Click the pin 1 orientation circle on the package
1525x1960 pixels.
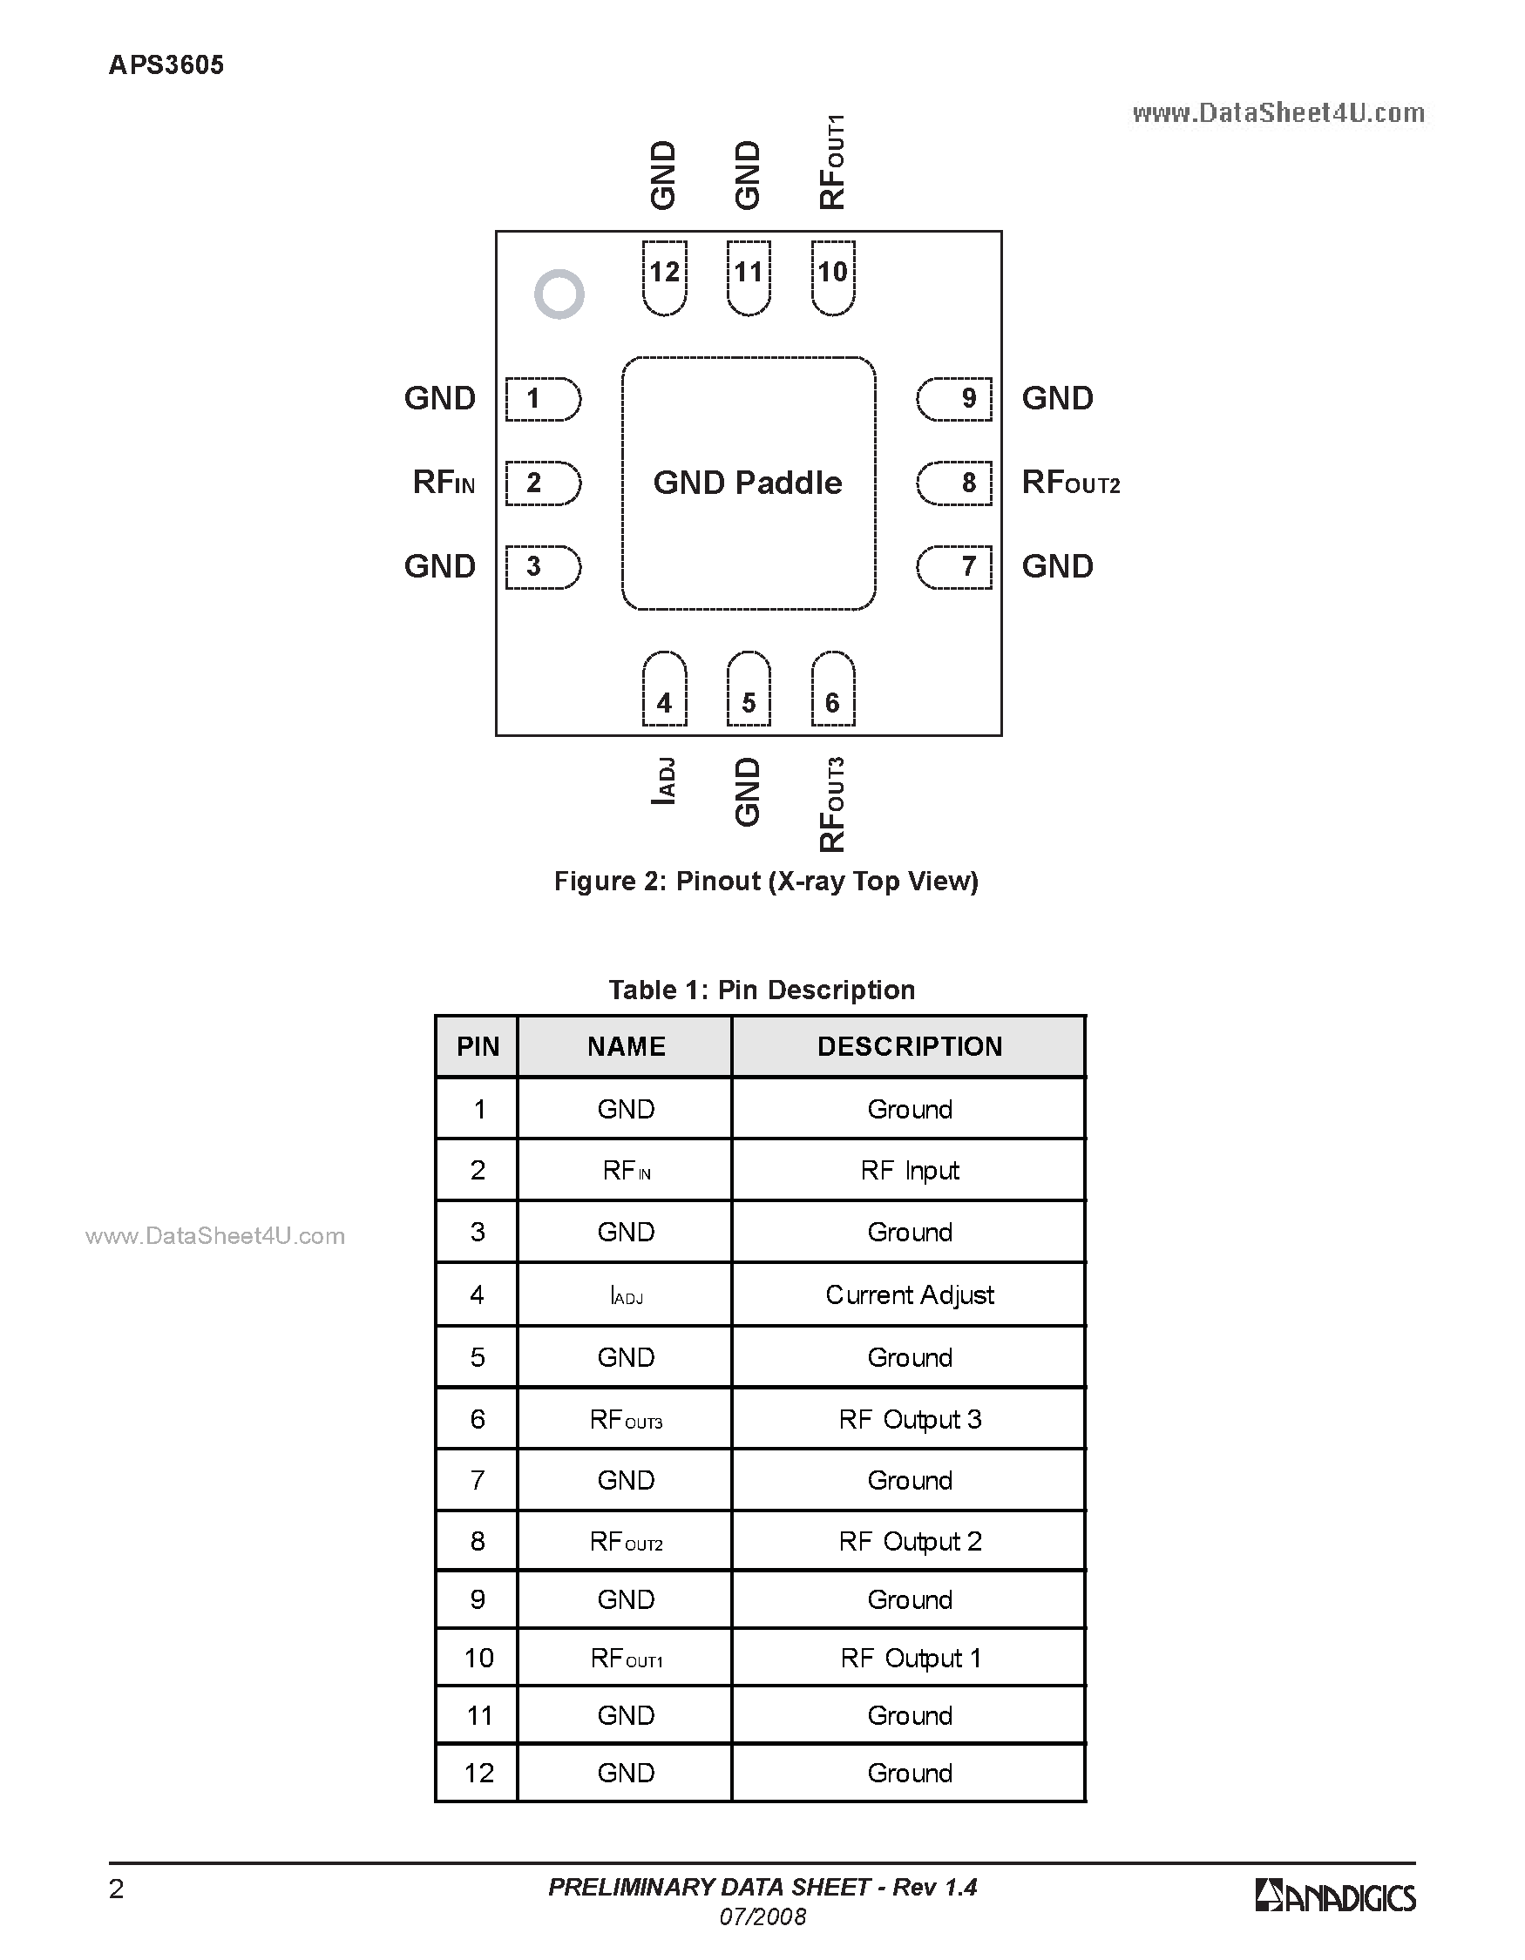[x=559, y=294]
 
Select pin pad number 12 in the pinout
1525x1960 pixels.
[x=665, y=276]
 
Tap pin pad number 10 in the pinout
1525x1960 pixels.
[x=833, y=276]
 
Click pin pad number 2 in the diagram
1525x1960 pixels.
[x=542, y=483]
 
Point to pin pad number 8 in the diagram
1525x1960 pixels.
[x=955, y=483]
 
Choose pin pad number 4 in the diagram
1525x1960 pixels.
[x=665, y=690]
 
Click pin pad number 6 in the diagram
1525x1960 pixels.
[x=833, y=690]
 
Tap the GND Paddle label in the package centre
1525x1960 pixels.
[x=748, y=483]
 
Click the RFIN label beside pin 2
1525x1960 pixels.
[x=444, y=483]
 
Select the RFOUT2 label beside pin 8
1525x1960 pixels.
[x=1071, y=483]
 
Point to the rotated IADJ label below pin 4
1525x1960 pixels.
[x=663, y=781]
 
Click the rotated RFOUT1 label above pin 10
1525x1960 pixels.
[x=832, y=162]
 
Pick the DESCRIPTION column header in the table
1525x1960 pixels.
[x=909, y=1046]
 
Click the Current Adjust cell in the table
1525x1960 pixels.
[x=909, y=1294]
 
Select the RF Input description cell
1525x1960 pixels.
[x=909, y=1170]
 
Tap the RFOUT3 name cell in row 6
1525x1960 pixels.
[x=626, y=1419]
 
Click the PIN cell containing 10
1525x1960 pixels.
[x=478, y=1658]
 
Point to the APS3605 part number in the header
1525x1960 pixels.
[x=166, y=64]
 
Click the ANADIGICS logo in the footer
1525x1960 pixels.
[x=1335, y=1896]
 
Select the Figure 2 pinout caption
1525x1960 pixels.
[x=766, y=882]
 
